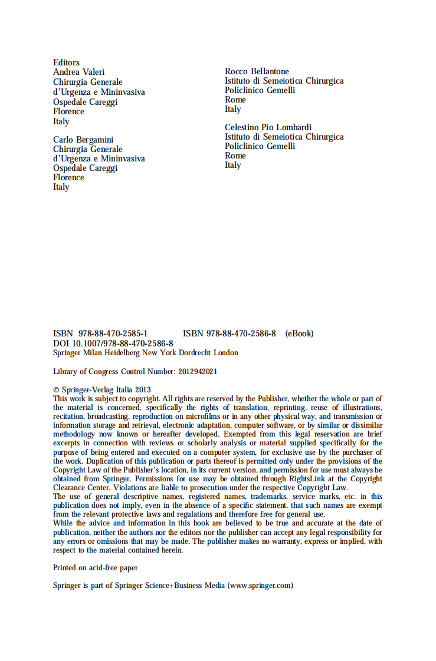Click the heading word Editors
(66, 62)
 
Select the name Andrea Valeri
(78, 72)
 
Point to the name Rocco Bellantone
(257, 71)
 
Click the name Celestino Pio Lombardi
(268, 127)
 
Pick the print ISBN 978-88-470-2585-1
(100, 333)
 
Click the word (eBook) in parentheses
(299, 333)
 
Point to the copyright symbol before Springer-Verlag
(56, 389)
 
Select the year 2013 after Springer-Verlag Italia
(143, 389)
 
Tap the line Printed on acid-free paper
(96, 568)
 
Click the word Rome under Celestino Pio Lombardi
(235, 156)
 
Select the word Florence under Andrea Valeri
(68, 111)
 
